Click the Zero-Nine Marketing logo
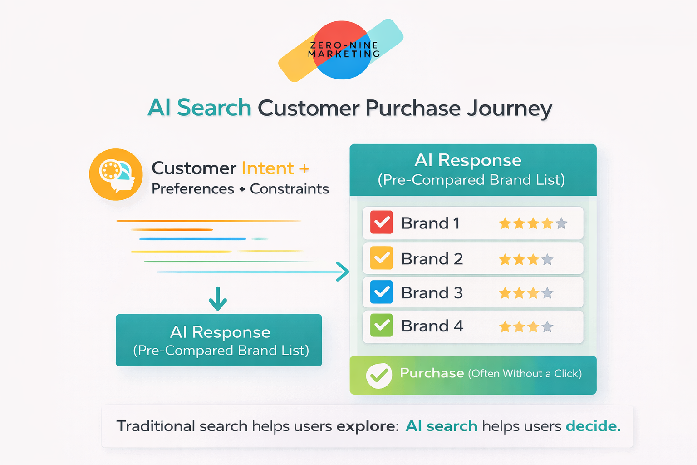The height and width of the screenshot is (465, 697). pyautogui.click(x=341, y=50)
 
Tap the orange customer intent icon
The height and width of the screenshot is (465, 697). pyautogui.click(x=116, y=174)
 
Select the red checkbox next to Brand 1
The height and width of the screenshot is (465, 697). pyautogui.click(x=381, y=223)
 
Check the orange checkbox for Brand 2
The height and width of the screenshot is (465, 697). pyautogui.click(x=381, y=258)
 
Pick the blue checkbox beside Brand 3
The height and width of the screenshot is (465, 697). pyautogui.click(x=381, y=292)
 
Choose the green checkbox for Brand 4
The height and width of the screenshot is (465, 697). pyautogui.click(x=381, y=326)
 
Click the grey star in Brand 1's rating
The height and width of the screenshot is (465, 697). pyautogui.click(x=562, y=223)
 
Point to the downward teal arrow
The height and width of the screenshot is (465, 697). pyautogui.click(x=218, y=298)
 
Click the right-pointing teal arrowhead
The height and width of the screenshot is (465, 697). pyautogui.click(x=343, y=272)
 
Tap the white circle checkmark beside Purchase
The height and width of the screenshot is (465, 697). pyautogui.click(x=379, y=376)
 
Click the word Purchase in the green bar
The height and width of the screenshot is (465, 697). pyautogui.click(x=432, y=373)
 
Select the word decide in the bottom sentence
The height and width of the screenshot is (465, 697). pyautogui.click(x=593, y=426)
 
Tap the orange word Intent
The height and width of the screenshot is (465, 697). pyautogui.click(x=268, y=168)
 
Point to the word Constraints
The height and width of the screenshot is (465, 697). pyautogui.click(x=290, y=189)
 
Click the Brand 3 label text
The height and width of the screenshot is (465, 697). pyautogui.click(x=432, y=293)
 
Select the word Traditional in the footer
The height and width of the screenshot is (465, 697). pyautogui.click(x=155, y=426)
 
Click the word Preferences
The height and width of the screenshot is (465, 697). pyautogui.click(x=193, y=189)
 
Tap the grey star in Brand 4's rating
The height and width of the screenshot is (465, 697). pyautogui.click(x=548, y=327)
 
